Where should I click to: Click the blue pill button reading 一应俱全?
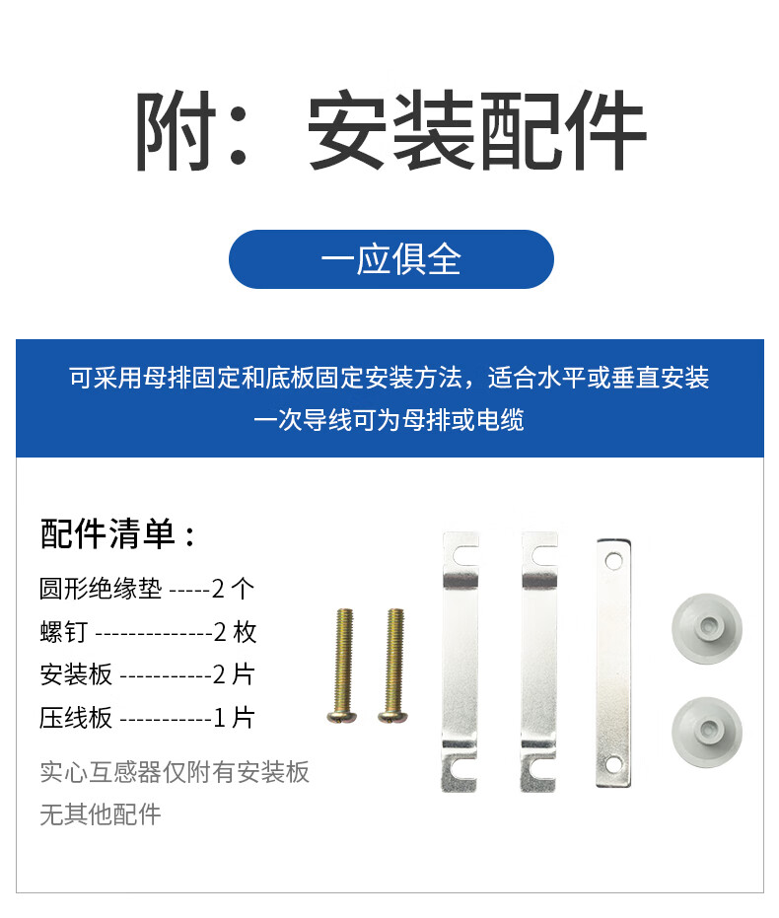390,259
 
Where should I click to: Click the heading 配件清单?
107,534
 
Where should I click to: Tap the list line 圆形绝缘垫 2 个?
147,589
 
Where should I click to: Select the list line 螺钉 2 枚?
148,632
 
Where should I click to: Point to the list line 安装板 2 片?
147,674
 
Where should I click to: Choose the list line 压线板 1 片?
147,718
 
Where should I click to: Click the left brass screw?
343,667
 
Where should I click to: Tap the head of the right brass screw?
392,716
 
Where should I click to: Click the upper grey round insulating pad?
706,629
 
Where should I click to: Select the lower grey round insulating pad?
706,732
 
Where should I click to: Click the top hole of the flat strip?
613,561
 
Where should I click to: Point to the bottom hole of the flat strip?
613,764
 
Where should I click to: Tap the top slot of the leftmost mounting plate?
465,555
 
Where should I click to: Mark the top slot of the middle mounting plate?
544,555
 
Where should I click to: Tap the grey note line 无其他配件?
100,814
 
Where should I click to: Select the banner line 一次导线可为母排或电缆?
389,420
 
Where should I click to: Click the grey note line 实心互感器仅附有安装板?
175,772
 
